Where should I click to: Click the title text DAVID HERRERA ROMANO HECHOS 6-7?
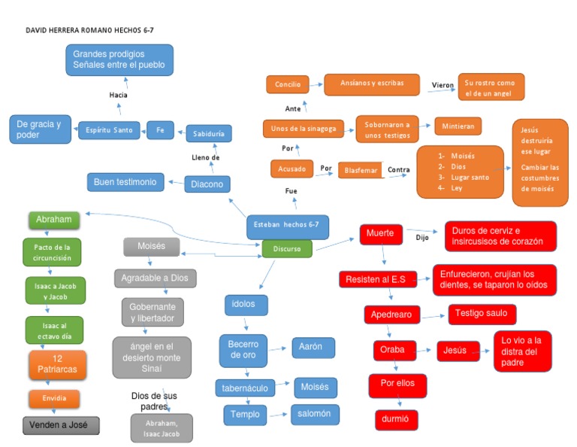[84, 30]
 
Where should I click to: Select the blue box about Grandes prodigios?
[119, 60]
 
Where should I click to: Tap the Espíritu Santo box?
[109, 130]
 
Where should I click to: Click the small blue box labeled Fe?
[160, 130]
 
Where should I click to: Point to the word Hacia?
[118, 96]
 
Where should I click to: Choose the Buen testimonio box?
[125, 182]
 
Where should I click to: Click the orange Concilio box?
[287, 84]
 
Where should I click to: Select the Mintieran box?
[458, 126]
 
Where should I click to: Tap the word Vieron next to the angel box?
[443, 85]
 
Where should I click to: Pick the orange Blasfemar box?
[361, 170]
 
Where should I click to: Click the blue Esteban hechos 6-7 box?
[287, 224]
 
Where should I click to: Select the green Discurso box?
[287, 248]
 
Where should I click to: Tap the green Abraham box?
[53, 220]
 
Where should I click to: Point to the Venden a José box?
[61, 425]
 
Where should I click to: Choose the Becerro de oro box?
[243, 348]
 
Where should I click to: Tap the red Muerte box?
[381, 234]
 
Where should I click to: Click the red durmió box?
[396, 419]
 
